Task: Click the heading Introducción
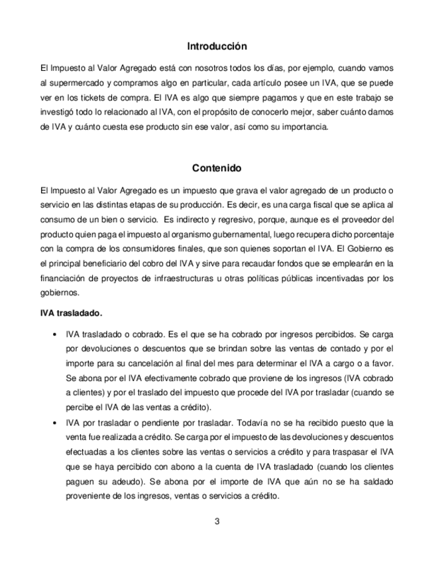pyautogui.click(x=217, y=46)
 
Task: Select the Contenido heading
pyautogui.click(x=217, y=168)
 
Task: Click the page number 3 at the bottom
pyautogui.click(x=217, y=521)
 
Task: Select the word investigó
pyautogui.click(x=58, y=112)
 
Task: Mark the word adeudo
pyautogui.click(x=156, y=480)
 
